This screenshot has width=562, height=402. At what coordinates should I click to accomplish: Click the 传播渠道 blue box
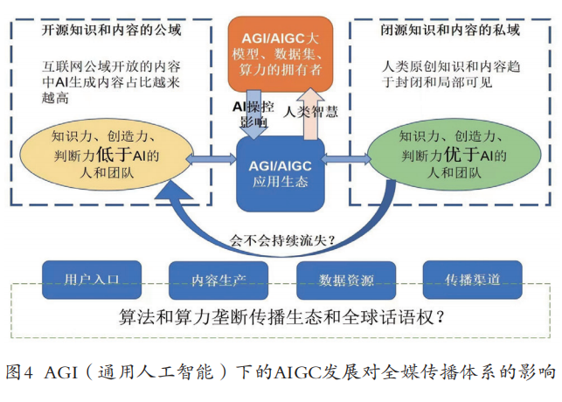point(473,280)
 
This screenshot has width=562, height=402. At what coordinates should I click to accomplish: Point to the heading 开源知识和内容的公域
point(111,31)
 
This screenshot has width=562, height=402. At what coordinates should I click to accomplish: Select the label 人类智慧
point(313,111)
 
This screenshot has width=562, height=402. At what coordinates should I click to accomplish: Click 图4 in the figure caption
point(18,371)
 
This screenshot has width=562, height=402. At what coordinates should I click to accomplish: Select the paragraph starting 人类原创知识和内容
point(450,73)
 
